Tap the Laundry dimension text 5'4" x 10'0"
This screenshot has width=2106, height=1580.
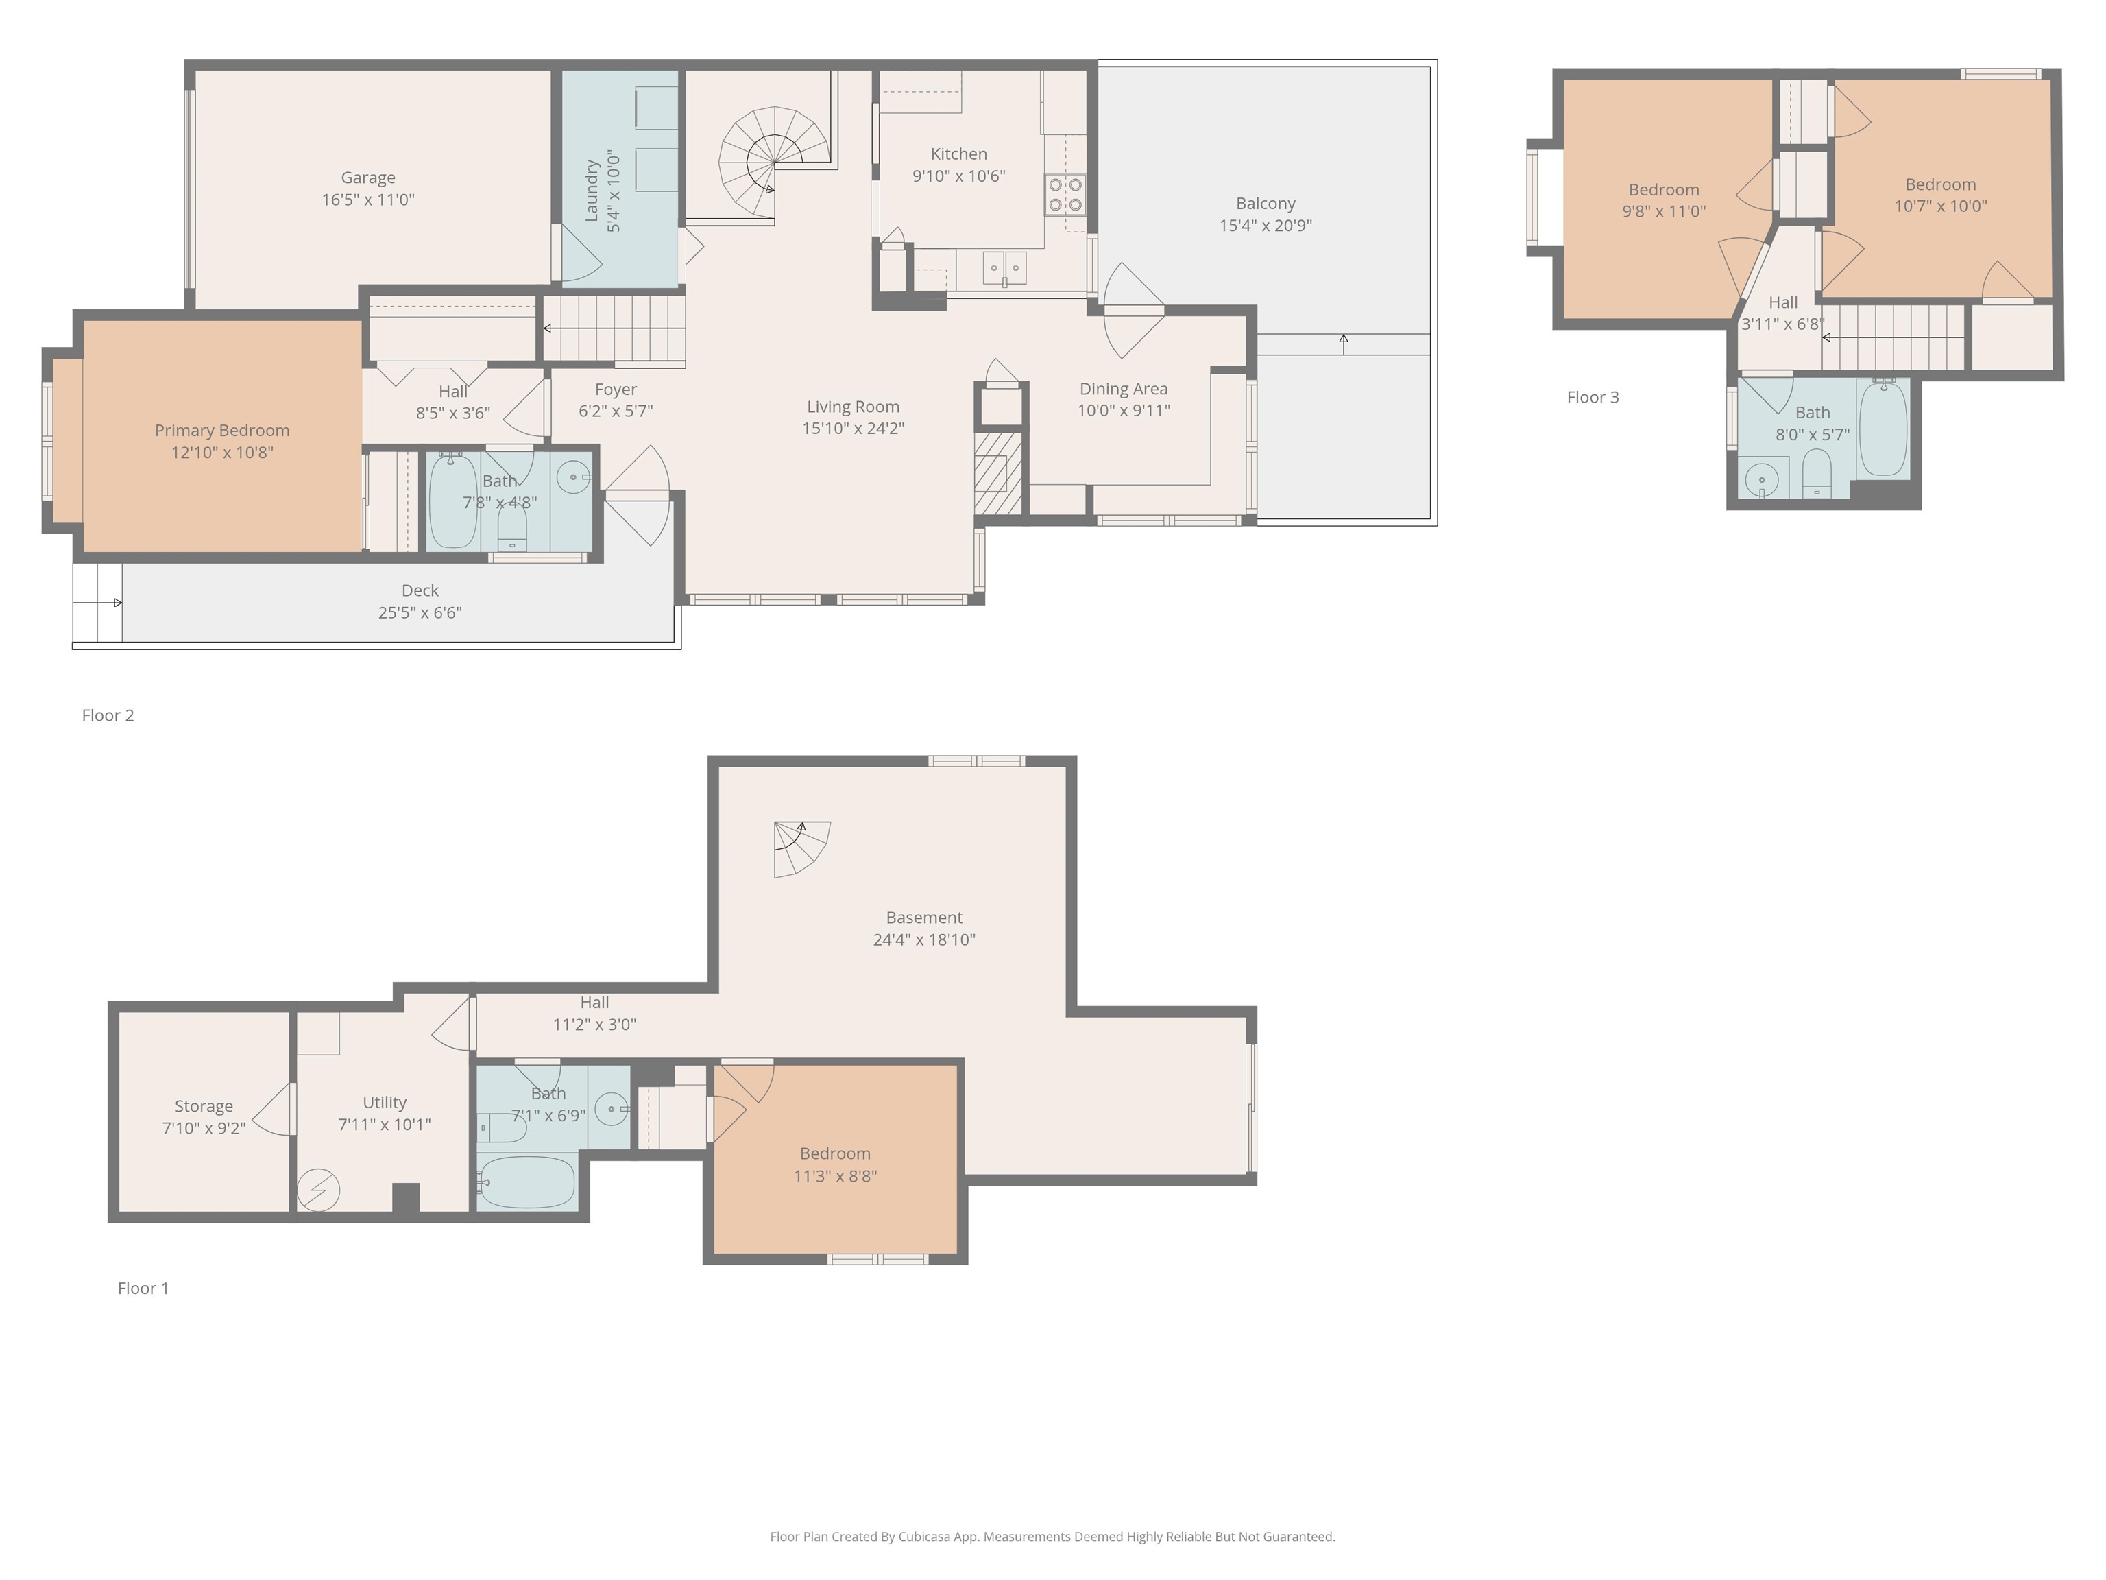[x=614, y=191]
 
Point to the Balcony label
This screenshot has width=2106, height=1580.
[x=1266, y=204]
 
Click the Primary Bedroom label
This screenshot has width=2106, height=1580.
[x=222, y=431]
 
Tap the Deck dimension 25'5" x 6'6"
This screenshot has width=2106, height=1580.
[x=420, y=612]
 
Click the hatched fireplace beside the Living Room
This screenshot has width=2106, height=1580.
[x=997, y=473]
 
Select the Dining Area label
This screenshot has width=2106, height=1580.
[x=1124, y=389]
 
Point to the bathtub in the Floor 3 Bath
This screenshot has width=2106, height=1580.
[x=1883, y=429]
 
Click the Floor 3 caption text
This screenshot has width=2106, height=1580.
[x=1592, y=397]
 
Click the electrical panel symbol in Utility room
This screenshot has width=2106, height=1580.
[x=318, y=1190]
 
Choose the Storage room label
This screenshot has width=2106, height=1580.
[x=203, y=1105]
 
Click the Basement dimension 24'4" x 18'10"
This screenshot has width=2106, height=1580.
[x=923, y=939]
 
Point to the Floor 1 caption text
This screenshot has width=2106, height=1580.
[x=143, y=1288]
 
